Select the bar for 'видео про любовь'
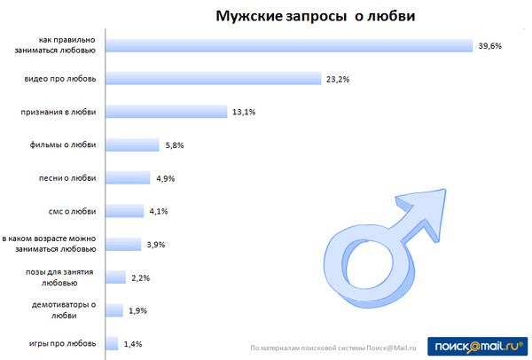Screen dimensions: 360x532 (x=212, y=79)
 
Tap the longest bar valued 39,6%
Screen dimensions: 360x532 (x=287, y=45)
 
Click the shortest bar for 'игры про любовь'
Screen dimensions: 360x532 (x=112, y=343)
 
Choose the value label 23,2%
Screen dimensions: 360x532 (x=338, y=80)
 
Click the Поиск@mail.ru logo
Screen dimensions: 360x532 (x=476, y=346)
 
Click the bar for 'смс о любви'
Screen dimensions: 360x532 (x=124, y=211)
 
